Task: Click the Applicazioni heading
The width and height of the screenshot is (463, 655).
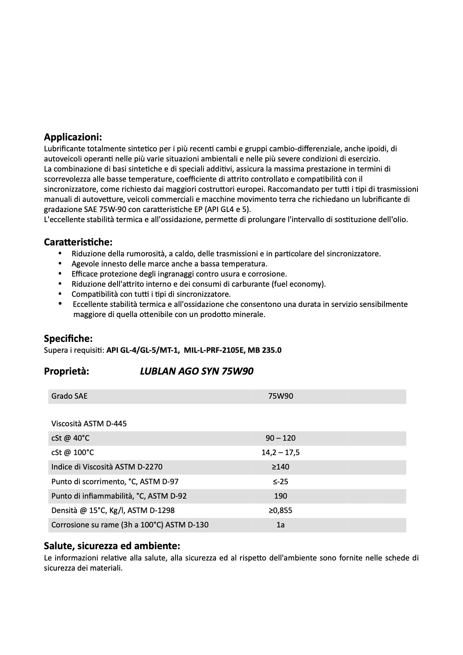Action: tap(73, 137)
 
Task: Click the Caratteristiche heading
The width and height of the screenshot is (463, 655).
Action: tap(78, 242)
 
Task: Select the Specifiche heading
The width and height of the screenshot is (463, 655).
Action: tap(68, 338)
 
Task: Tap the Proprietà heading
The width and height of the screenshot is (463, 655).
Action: tap(67, 371)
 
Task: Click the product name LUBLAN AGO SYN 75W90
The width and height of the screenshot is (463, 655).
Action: tap(196, 371)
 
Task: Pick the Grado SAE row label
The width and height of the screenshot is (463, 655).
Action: tap(69, 396)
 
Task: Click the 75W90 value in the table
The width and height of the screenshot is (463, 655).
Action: tap(281, 396)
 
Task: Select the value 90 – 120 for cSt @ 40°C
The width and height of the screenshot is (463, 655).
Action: tap(281, 438)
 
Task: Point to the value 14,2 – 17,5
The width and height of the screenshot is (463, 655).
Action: tap(281, 452)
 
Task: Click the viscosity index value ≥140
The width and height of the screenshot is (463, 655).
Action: tap(281, 467)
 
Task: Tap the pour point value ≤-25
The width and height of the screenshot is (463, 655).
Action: tap(281, 482)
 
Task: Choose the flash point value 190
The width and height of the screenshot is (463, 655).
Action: tap(281, 496)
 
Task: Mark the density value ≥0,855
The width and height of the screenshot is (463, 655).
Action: tap(281, 510)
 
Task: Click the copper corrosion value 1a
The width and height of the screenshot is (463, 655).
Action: tap(281, 525)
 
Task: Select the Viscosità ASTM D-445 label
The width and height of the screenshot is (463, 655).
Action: tap(89, 424)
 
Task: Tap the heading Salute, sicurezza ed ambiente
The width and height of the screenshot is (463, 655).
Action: tap(112, 545)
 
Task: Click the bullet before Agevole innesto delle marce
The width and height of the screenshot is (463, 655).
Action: tap(60, 263)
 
